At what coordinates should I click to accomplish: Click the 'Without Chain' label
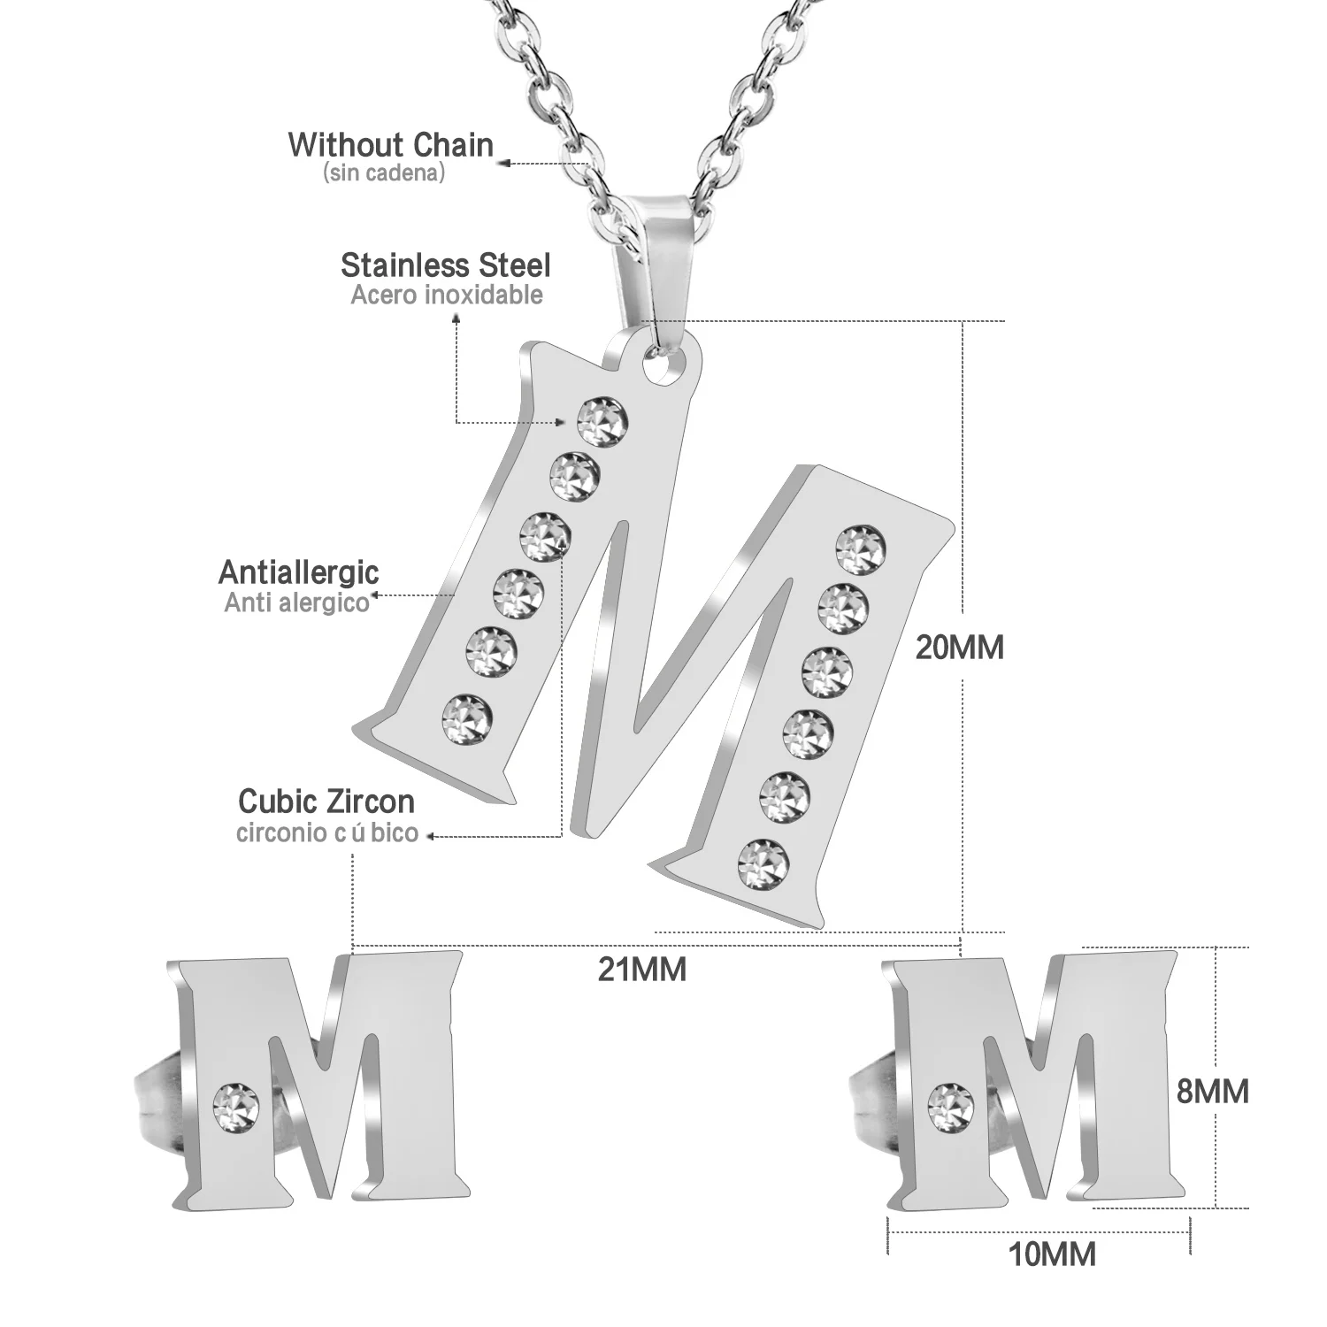390,145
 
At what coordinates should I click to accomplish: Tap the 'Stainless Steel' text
445,265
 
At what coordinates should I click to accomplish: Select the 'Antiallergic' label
299,572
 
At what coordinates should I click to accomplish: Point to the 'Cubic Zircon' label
326,802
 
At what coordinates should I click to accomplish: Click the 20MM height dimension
960,648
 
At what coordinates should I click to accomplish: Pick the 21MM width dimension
642,970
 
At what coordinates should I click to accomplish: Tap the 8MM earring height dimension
1212,1091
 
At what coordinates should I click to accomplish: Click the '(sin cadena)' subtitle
384,173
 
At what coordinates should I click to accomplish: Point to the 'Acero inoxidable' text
447,295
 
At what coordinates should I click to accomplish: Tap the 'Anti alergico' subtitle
296,603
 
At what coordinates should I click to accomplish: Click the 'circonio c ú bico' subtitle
327,833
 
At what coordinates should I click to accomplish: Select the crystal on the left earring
236,1101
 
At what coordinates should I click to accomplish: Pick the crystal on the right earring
950,1101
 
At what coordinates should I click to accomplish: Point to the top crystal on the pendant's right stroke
860,549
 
